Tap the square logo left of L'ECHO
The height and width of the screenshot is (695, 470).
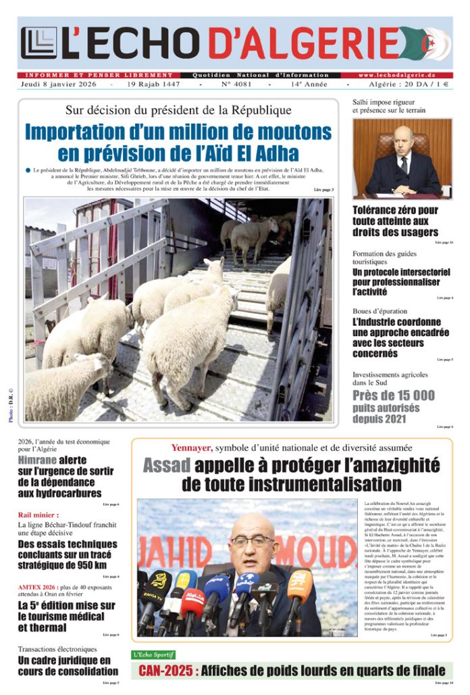click(38, 43)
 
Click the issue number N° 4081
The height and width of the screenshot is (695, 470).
click(234, 85)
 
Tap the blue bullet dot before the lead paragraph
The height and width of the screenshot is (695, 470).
click(28, 170)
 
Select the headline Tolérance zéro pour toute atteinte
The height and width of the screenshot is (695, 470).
click(395, 221)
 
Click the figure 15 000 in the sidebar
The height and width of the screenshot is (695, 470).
click(411, 396)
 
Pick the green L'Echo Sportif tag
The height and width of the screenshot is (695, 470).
click(153, 654)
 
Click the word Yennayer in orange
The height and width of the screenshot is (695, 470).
click(192, 448)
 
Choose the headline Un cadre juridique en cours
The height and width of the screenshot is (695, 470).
click(68, 666)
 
